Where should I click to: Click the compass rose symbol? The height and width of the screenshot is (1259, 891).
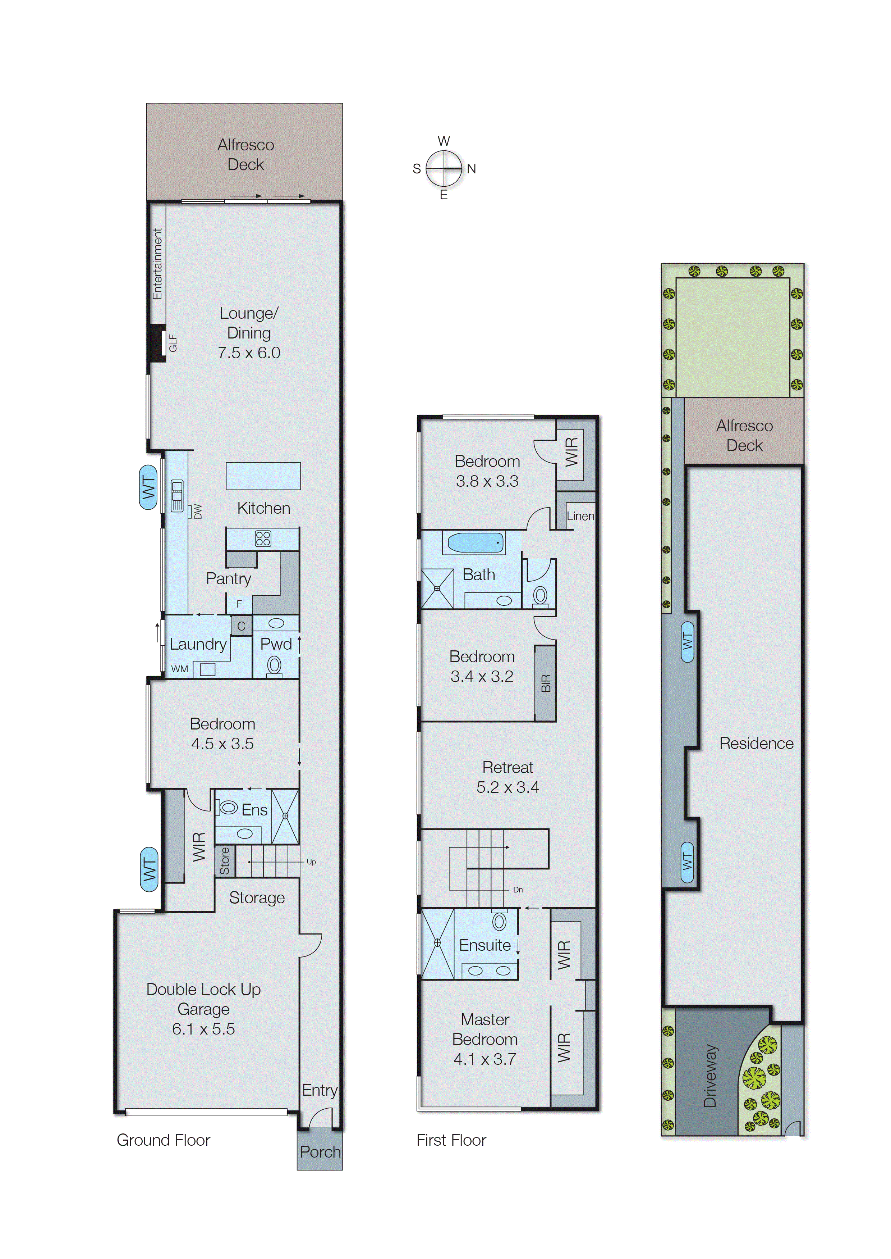click(x=444, y=168)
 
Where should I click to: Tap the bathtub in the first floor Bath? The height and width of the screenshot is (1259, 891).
click(x=475, y=542)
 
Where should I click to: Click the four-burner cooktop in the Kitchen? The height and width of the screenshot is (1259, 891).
click(x=263, y=538)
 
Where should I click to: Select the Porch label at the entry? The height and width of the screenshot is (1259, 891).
click(x=320, y=1151)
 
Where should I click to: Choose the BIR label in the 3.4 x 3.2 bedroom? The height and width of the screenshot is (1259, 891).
click(x=545, y=683)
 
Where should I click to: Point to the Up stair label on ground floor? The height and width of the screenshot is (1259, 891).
click(x=311, y=862)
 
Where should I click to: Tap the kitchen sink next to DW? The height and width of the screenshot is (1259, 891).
click(x=177, y=495)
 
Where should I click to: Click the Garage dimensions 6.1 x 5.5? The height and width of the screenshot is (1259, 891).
click(x=203, y=1028)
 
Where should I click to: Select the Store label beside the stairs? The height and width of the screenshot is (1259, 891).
click(x=224, y=860)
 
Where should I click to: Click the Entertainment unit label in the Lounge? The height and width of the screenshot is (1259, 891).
click(x=157, y=264)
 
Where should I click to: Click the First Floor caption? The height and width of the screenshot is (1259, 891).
click(x=451, y=1140)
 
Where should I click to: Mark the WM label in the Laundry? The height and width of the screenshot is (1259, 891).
click(x=179, y=669)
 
